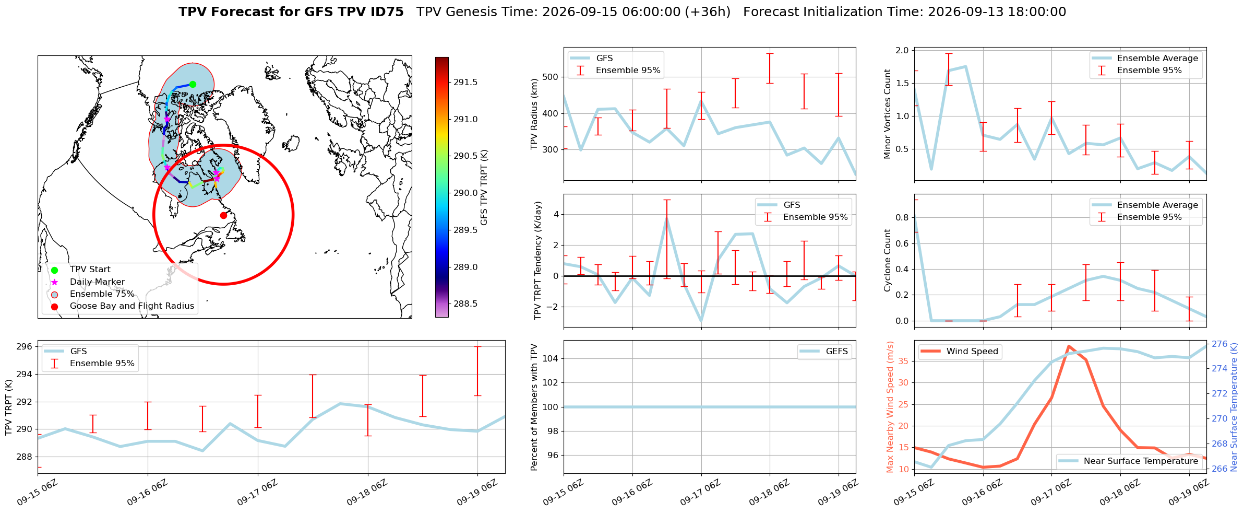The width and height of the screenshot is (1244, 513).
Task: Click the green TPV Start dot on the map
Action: [193, 84]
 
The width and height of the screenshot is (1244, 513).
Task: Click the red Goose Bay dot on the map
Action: [223, 215]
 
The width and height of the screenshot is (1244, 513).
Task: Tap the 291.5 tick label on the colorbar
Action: [465, 82]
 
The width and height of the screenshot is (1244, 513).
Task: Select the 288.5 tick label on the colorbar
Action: [465, 304]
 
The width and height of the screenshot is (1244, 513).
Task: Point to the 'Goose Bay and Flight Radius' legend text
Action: [132, 306]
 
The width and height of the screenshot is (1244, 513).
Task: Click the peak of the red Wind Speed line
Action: [1069, 346]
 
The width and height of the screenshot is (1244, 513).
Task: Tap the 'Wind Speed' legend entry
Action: [959, 351]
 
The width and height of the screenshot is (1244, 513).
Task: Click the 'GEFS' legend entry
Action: [824, 351]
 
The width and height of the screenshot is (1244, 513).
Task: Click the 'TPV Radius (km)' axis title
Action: [534, 114]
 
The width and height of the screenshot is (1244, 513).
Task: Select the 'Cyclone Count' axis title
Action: [887, 260]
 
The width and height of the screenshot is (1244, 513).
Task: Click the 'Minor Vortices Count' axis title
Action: [887, 114]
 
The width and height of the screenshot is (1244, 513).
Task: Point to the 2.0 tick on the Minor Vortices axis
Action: [902, 50]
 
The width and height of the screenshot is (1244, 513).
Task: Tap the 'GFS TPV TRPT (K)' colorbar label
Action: [484, 188]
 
